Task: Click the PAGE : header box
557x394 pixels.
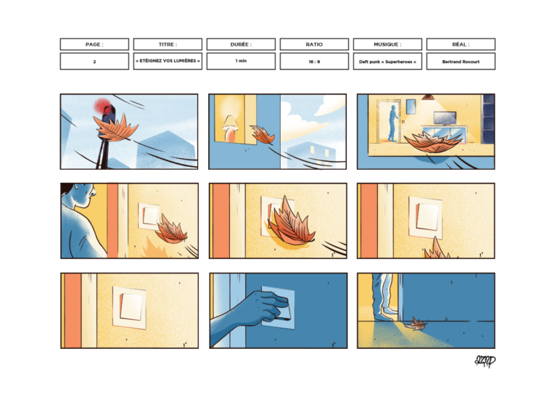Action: pos(94,44)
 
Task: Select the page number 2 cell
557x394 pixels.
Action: pos(94,62)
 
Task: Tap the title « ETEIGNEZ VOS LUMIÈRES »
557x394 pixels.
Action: pos(168,62)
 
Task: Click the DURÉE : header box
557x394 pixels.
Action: pos(241,44)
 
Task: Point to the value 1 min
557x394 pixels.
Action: pos(241,62)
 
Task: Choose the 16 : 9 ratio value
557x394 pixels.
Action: pos(314,62)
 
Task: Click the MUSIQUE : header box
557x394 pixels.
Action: pos(387,44)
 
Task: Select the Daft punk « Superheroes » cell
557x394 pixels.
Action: pos(387,62)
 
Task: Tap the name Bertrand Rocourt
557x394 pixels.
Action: pos(461,62)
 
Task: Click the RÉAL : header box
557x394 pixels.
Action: pos(461,44)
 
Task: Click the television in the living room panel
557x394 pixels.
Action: pos(444,118)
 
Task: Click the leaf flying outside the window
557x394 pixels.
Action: pos(261,135)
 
